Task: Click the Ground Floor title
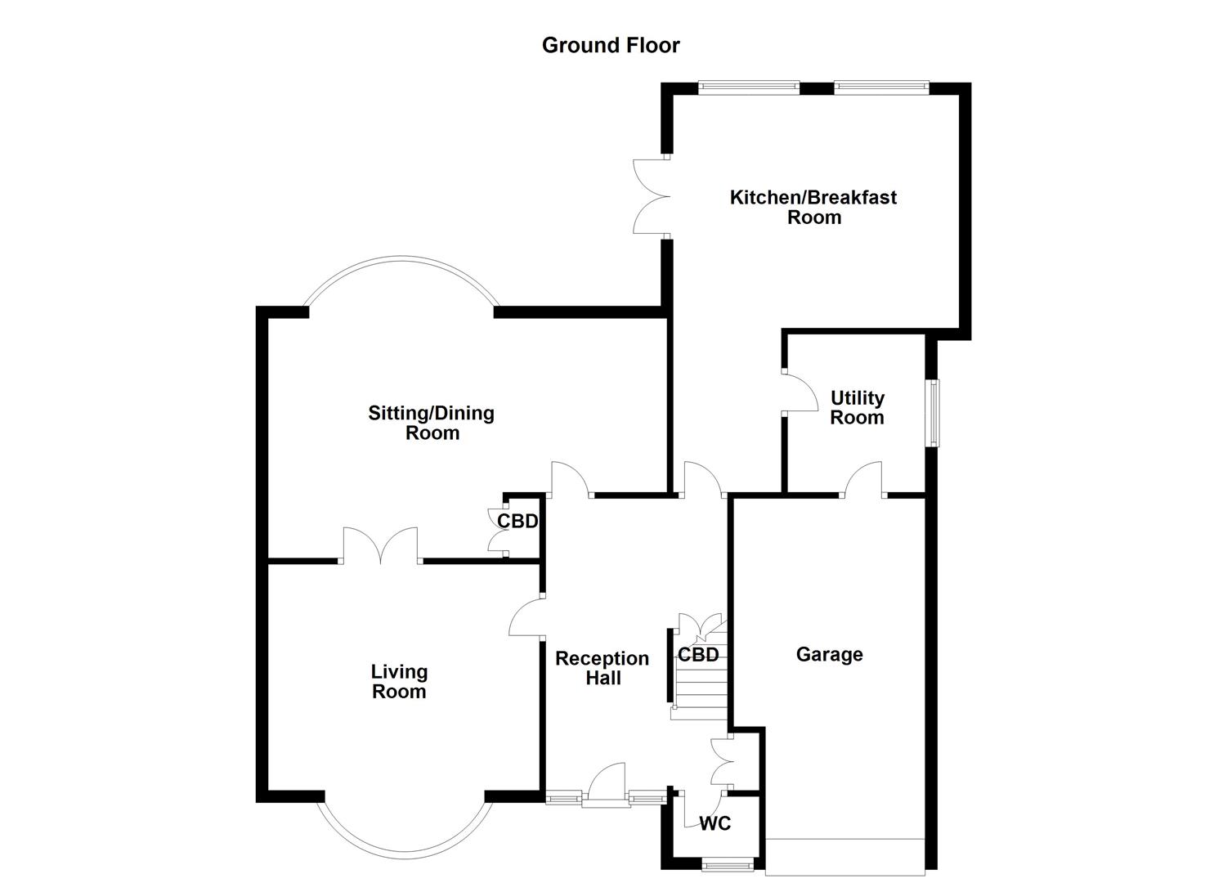[611, 45]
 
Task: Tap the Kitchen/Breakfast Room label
[813, 207]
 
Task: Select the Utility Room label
[857, 407]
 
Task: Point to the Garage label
[829, 654]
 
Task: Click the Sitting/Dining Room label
[432, 423]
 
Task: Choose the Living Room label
[399, 681]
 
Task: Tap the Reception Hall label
[603, 668]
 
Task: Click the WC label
[715, 823]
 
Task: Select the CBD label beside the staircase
[698, 655]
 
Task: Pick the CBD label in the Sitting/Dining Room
[517, 521]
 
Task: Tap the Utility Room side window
[933, 412]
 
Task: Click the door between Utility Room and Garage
[864, 481]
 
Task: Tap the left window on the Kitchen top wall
[749, 85]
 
